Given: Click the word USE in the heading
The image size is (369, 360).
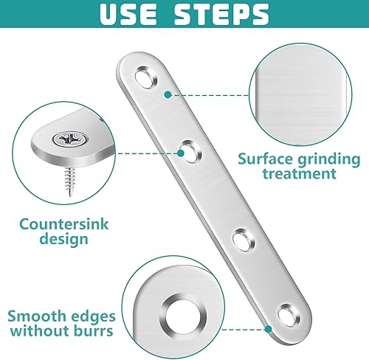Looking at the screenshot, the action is point(128,13).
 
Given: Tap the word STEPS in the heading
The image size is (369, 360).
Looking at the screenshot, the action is point(221,13).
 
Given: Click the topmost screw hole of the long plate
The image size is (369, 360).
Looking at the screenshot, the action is point(146,77).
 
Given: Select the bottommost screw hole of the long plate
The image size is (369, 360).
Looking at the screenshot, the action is point(289,315).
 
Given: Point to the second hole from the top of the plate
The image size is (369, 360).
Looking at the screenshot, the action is point(190,151).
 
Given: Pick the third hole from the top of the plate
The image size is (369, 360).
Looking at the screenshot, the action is point(244,240).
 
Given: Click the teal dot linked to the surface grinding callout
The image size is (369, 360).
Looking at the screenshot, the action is point(168,94).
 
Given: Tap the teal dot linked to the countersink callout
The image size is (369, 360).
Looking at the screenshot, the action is point(181,153).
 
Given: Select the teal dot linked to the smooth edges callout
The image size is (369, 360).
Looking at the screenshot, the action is point(269,329).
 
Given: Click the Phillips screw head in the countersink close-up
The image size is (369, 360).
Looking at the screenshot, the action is point(71,139).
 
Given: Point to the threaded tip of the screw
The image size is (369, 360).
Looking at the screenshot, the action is point(70,193).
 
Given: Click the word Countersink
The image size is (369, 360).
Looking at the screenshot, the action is point(64,224).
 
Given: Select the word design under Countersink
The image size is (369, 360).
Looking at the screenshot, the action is point(64,239).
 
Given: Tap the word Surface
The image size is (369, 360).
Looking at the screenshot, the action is point(266,159).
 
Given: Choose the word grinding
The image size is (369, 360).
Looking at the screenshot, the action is point(328,160).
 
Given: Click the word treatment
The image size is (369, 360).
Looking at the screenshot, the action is point(299,173).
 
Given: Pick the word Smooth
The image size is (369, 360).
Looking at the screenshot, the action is point(32,316).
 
